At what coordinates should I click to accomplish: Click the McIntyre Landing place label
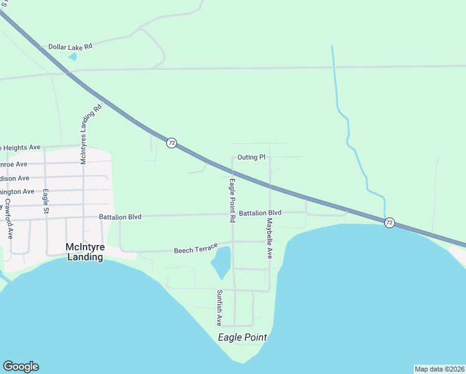click(x=84, y=252)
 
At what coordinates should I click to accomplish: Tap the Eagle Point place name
click(x=242, y=337)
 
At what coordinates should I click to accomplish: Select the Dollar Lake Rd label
click(x=70, y=47)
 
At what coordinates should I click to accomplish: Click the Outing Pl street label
click(x=252, y=157)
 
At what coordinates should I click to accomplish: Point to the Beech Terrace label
click(x=195, y=250)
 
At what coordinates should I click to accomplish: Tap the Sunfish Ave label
click(x=219, y=308)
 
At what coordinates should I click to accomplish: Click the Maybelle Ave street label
click(x=270, y=238)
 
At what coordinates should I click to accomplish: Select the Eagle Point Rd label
click(x=232, y=201)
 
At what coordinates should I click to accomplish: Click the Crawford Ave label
click(x=9, y=219)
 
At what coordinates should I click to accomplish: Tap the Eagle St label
click(x=45, y=202)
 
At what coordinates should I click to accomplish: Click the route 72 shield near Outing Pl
click(x=171, y=143)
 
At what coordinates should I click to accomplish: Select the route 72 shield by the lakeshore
click(x=389, y=223)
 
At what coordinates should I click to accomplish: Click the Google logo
click(x=21, y=367)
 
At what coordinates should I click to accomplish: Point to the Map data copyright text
click(x=439, y=368)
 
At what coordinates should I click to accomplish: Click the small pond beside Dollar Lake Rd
click(x=73, y=57)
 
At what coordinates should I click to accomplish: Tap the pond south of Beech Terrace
click(x=221, y=262)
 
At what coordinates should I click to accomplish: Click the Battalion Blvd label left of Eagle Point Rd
click(x=120, y=217)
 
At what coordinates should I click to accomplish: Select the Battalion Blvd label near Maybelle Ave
click(x=260, y=213)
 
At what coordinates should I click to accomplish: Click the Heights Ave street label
click(x=21, y=148)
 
